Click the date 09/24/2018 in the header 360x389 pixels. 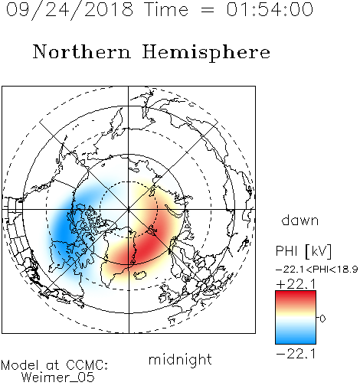click(70, 10)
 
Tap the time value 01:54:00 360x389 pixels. click(270, 9)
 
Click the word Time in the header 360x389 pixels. click(166, 9)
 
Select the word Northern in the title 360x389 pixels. click(81, 51)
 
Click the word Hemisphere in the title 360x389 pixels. click(206, 53)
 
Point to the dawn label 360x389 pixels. click(300, 220)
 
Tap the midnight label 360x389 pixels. click(180, 360)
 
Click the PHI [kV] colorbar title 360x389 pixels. click(303, 251)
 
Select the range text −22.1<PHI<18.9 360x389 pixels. click(316, 270)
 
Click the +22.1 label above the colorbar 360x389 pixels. click(296, 284)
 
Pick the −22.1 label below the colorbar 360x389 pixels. click(296, 354)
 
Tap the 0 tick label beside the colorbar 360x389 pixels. click(322, 319)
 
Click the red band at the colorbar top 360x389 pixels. click(296, 296)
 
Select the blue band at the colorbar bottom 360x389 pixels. click(296, 338)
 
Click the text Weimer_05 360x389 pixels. click(58, 378)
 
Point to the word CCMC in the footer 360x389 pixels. click(87, 365)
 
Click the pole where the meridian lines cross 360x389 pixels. click(129, 209)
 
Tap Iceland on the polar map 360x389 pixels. click(139, 275)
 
